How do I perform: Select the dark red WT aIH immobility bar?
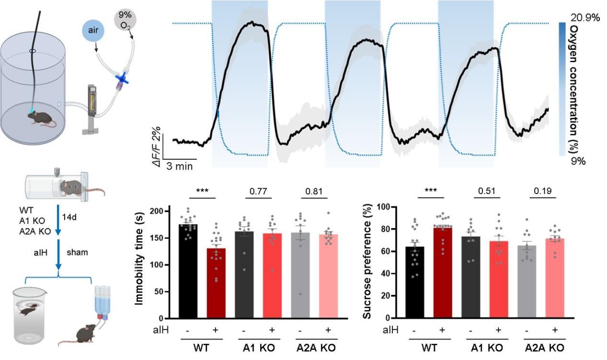(216, 283)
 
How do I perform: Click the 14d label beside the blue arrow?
(69, 217)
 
